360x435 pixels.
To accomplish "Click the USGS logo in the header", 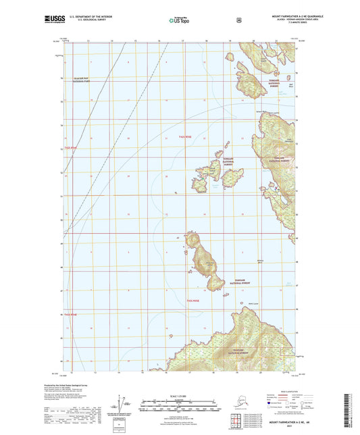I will pyautogui.click(x=53, y=19).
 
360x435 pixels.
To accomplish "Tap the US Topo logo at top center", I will pyautogui.click(x=180, y=20).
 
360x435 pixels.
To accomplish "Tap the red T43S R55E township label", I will pyautogui.click(x=193, y=300).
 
